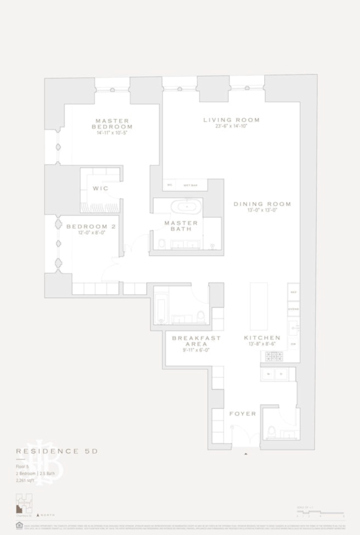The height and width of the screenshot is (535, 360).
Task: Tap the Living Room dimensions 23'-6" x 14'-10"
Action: pos(232,127)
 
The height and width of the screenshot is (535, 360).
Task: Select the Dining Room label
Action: pos(262,204)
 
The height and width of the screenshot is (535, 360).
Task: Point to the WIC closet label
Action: pos(101,188)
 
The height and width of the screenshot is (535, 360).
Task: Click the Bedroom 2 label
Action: pos(91,226)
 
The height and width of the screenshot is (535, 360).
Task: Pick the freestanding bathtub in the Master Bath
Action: pos(186,206)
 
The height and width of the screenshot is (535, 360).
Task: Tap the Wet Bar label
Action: pos(190,185)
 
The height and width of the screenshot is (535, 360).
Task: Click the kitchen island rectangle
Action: pos(258,307)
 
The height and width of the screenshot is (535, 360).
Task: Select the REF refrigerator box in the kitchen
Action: pos(294,292)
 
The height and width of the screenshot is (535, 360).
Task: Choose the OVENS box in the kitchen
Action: pos(294,309)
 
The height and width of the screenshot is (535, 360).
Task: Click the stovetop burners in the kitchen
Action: pos(274,356)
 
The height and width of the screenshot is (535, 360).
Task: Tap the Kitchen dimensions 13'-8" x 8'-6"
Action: pos(262,345)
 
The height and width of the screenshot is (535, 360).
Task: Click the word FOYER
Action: pos(243,414)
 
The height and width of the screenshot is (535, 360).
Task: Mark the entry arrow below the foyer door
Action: pos(246,454)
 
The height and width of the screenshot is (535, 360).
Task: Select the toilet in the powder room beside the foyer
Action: pos(271,432)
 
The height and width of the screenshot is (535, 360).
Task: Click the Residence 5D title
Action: pos(57,452)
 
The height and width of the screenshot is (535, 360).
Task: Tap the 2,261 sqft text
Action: pos(26,481)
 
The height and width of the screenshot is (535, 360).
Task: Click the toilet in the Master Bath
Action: pos(162,244)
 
